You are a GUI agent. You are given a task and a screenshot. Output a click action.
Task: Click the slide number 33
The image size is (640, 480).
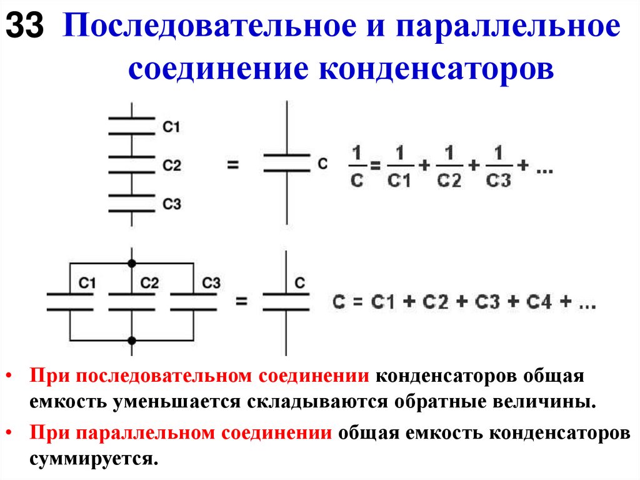pyautogui.click(x=25, y=28)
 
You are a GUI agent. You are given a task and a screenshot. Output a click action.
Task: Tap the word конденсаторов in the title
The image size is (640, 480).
pyautogui.click(x=437, y=68)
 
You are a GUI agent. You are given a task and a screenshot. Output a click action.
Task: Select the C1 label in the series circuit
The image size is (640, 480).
pyautogui.click(x=171, y=127)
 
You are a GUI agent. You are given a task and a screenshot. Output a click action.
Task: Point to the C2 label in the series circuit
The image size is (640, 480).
pyautogui.click(x=171, y=166)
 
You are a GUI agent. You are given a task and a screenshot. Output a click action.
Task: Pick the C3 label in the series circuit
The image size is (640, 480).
pyautogui.click(x=171, y=204)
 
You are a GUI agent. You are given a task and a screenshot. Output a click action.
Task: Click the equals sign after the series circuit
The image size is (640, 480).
pyautogui.click(x=233, y=166)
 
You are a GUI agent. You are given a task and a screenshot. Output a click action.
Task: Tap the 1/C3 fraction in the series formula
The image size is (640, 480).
pyautogui.click(x=498, y=166)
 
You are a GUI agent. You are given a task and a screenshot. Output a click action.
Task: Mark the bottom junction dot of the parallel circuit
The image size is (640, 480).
pyautogui.click(x=131, y=340)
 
